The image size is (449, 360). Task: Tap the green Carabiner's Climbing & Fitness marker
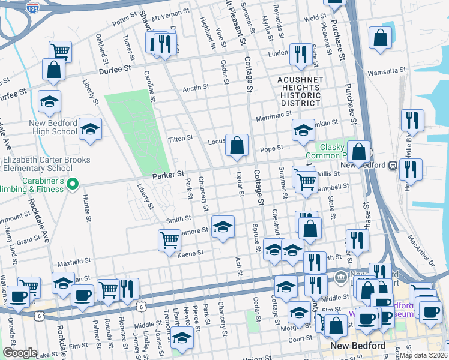[x=73, y=183]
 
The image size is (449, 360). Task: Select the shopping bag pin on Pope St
[x=237, y=145]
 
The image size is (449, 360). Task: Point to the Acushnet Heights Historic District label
[x=300, y=91]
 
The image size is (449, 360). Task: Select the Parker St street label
[x=166, y=176]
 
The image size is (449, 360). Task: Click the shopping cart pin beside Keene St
[x=169, y=241]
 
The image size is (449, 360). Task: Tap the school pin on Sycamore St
[x=223, y=227]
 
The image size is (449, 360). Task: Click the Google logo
[x=20, y=353]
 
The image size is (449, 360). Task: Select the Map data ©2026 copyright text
[x=422, y=355]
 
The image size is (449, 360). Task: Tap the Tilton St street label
[x=180, y=138]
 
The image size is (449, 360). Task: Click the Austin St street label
[x=196, y=88]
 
